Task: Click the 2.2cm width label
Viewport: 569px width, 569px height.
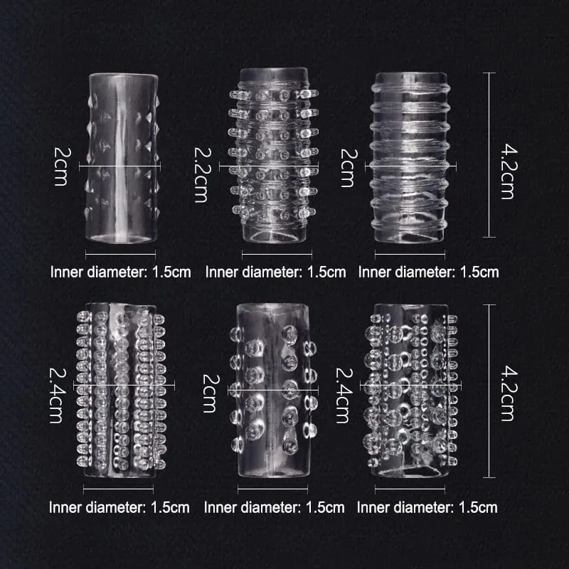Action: point(201,174)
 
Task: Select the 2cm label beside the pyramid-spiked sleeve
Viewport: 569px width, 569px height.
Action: point(61,166)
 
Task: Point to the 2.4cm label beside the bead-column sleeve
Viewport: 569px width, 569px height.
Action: point(58,395)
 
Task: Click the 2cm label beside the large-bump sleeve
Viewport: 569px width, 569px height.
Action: point(211,393)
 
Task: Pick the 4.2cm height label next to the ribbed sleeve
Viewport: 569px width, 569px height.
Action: point(509,171)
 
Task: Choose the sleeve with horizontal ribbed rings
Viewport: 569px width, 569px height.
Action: point(410,157)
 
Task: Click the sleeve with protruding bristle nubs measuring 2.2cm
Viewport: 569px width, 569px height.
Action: point(274,155)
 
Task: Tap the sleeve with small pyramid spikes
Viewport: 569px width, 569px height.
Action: point(122,158)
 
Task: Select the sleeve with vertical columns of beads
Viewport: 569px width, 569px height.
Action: point(121,390)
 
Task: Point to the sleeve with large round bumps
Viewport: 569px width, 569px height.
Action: point(273,390)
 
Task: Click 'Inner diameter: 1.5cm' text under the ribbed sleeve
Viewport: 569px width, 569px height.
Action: point(429,272)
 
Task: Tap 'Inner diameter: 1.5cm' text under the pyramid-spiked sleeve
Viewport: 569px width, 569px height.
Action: point(120,272)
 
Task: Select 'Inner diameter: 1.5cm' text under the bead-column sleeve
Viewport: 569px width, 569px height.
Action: point(119,507)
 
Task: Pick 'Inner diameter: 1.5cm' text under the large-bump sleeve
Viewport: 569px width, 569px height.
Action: point(275,507)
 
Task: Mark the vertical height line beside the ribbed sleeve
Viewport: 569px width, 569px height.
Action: point(489,155)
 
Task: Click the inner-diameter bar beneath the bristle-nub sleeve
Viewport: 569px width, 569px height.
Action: point(277,254)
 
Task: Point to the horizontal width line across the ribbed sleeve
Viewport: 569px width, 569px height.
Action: point(410,166)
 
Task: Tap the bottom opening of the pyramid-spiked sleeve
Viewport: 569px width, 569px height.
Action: point(120,238)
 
